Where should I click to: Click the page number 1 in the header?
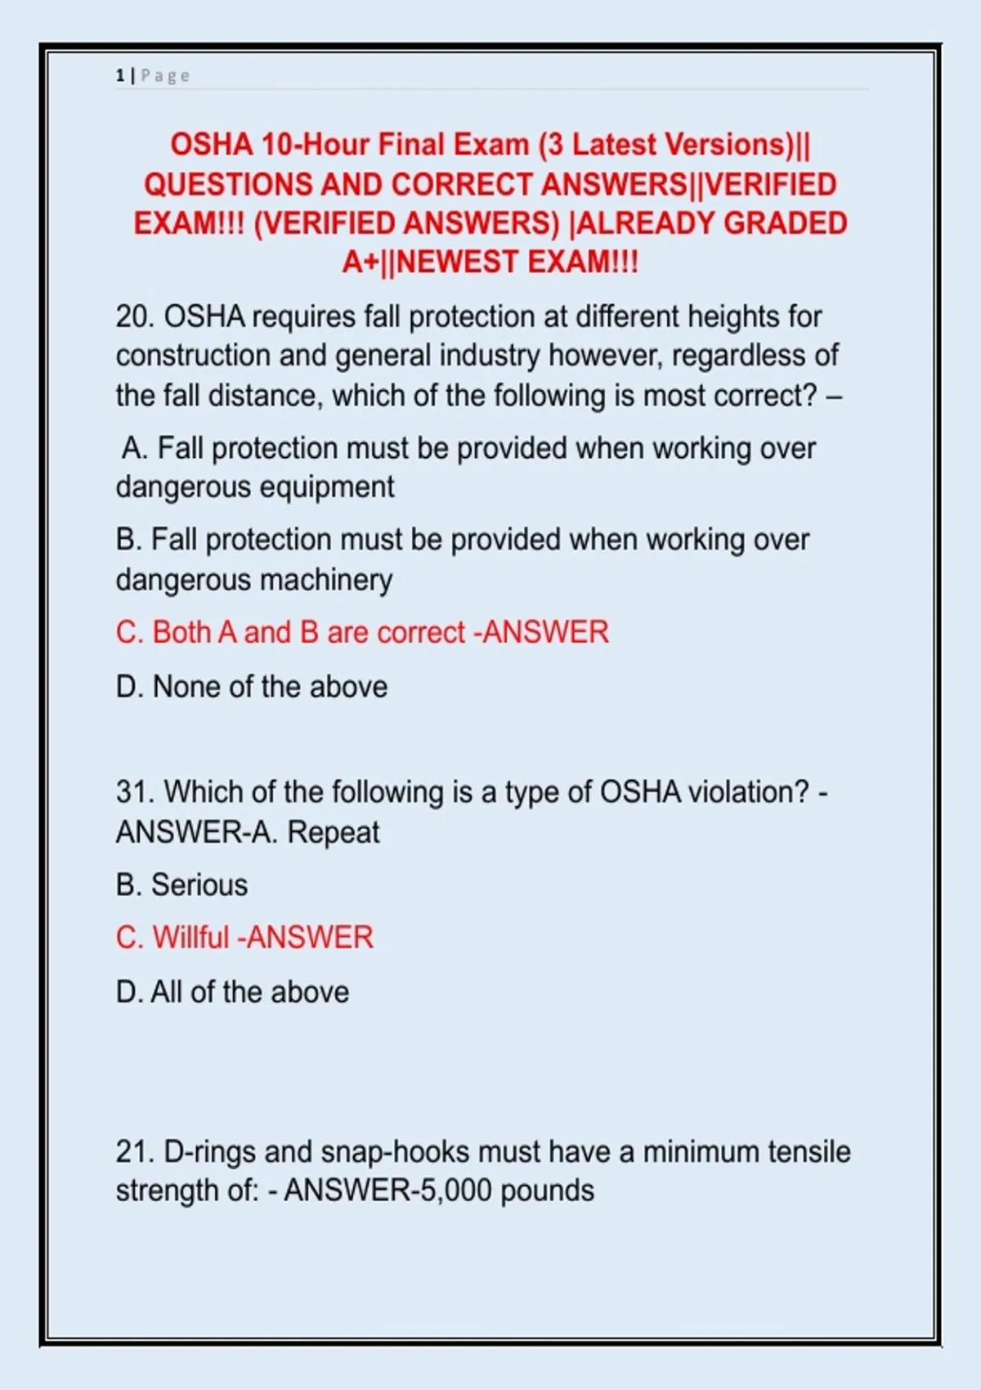[x=120, y=76]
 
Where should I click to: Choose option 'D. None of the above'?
[x=252, y=687]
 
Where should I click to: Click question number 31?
[x=134, y=792]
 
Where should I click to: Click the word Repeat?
[x=334, y=832]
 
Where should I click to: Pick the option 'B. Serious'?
[x=181, y=885]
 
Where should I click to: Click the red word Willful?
[x=190, y=937]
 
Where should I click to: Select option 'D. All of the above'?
[x=233, y=992]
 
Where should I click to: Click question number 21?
[x=134, y=1152]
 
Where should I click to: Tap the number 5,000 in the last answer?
[x=455, y=1190]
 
